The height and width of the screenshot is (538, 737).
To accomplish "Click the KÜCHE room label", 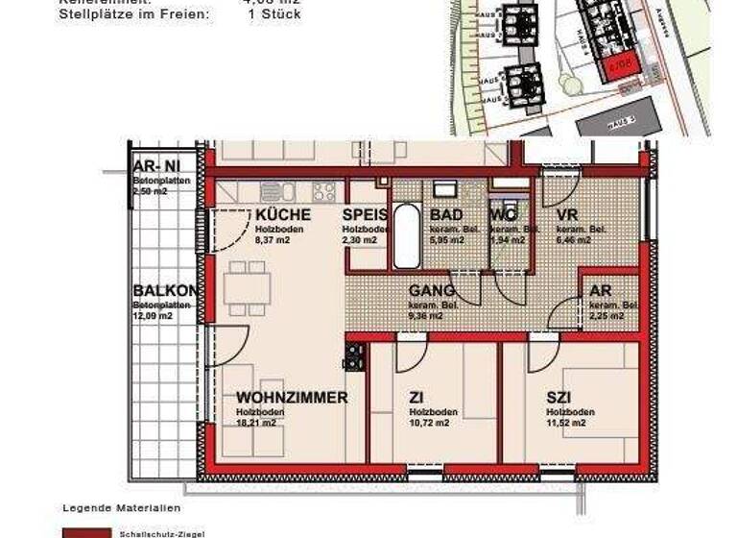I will [x=282, y=215].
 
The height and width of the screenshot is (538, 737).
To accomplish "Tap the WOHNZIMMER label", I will [x=291, y=397].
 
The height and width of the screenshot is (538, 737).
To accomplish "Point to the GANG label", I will [x=431, y=291].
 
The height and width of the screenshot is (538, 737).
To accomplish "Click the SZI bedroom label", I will [x=559, y=397].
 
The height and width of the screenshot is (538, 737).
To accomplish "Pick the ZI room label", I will [x=416, y=397].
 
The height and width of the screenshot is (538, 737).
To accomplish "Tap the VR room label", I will [x=567, y=215].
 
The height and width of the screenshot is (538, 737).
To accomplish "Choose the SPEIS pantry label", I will [x=366, y=215].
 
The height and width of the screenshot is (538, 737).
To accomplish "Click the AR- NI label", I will [x=155, y=166].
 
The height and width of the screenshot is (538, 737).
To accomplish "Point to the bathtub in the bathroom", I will [x=407, y=236].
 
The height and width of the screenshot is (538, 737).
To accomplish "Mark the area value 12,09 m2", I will [x=154, y=315].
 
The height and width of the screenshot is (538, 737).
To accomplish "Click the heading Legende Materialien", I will [x=121, y=507].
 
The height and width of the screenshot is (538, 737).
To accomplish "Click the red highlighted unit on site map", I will [x=618, y=65].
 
